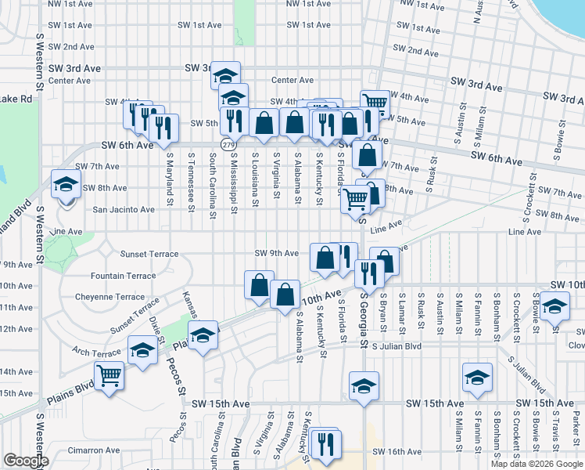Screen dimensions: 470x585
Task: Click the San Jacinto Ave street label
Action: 124,210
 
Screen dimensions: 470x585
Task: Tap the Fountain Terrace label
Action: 123,277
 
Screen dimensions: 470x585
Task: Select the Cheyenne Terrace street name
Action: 109,298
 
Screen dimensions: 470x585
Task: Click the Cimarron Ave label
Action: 93,450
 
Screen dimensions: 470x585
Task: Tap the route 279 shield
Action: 228,145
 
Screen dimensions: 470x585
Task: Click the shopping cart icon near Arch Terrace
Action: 109,377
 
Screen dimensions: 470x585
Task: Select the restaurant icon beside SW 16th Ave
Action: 323,443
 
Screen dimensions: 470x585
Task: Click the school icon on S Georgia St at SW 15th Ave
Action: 364,388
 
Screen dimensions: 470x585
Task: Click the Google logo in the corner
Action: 25,461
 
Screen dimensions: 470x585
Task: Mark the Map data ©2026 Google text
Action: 537,464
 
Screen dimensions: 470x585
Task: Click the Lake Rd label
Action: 16,99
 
